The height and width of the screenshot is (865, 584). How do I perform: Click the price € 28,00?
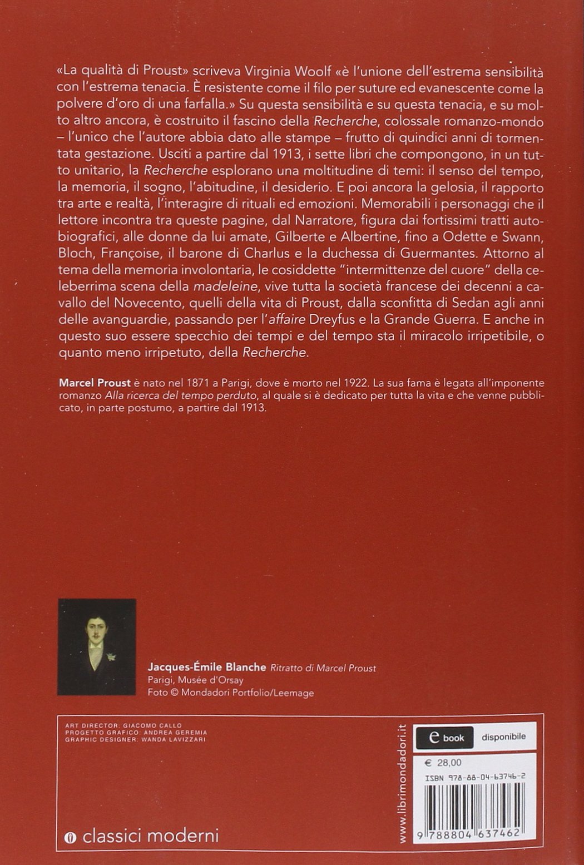click(x=438, y=762)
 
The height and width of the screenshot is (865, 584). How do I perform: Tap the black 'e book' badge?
click(x=445, y=738)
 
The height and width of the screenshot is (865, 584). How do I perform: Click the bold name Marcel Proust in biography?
click(x=94, y=384)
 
